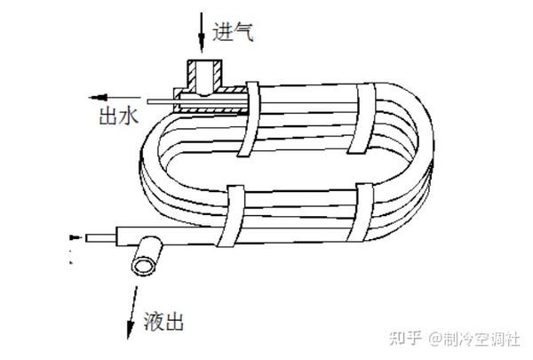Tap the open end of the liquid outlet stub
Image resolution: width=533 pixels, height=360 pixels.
[141, 265]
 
